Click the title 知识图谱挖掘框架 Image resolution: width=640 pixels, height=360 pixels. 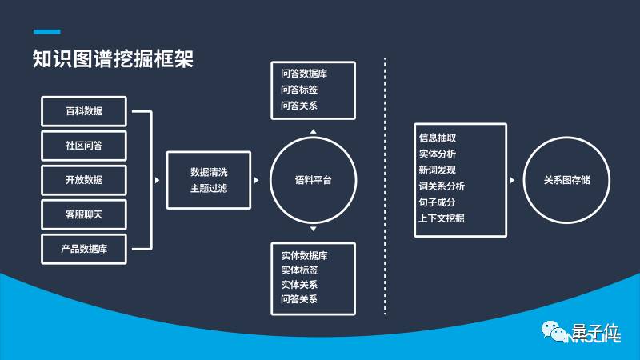coord(113,59)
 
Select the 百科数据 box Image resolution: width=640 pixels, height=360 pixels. coord(84,110)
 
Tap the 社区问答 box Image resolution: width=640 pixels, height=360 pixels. coord(84,145)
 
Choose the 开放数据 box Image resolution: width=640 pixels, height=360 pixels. coord(84,179)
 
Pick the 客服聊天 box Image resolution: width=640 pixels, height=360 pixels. coord(84,214)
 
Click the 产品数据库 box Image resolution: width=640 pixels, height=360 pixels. coord(84,249)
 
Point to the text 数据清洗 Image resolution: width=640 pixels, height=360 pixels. coord(209,172)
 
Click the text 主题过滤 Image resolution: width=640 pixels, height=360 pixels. coord(209,189)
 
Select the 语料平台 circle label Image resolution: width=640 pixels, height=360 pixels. coord(313,181)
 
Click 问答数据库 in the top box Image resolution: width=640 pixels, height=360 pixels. coord(304,74)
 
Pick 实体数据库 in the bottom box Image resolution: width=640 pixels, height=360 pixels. coord(304,255)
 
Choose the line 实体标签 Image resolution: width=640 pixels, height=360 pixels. coord(299,270)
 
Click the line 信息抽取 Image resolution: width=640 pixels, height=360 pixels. coord(438,138)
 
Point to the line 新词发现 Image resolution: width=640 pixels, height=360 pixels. coord(438,170)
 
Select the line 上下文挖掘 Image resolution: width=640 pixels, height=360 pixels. coord(442,218)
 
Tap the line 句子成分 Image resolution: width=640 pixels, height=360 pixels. coord(438,202)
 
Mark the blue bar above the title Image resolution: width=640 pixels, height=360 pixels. coord(46,32)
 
